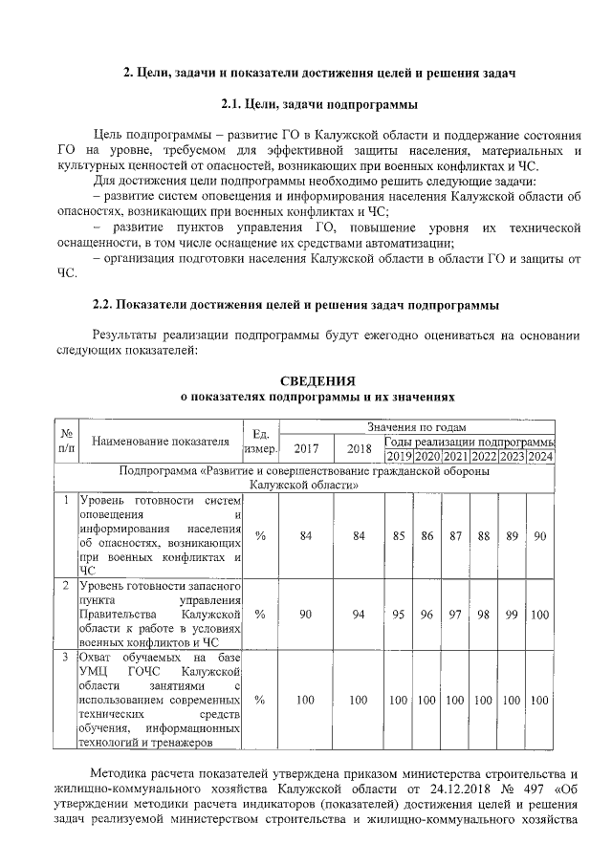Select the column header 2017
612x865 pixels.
(306, 449)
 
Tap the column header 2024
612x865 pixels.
(540, 457)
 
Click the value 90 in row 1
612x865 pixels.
(540, 536)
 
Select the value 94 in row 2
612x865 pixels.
(359, 614)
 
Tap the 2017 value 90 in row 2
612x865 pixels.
(306, 614)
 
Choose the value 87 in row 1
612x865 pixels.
(455, 536)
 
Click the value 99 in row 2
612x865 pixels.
(512, 614)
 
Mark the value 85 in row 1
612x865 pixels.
(398, 536)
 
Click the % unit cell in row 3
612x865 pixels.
(260, 701)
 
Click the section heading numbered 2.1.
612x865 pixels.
(319, 103)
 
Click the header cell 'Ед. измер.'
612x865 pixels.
(260, 442)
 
